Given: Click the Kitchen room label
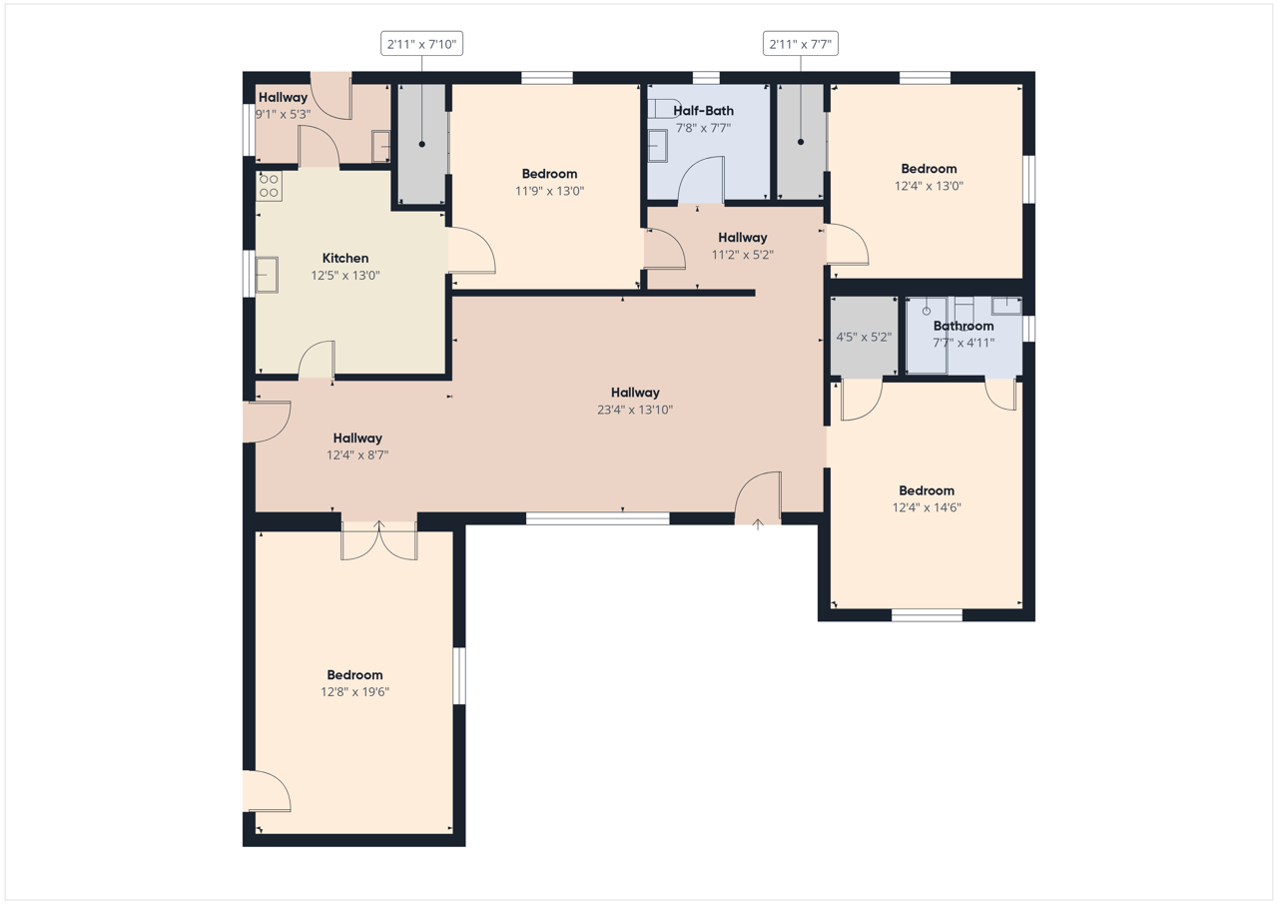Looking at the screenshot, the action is pyautogui.click(x=345, y=258).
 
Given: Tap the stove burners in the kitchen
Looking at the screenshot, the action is pyautogui.click(x=269, y=186).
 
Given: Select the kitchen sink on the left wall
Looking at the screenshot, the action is pyautogui.click(x=267, y=275).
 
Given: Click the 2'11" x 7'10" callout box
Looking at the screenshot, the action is pyautogui.click(x=421, y=44).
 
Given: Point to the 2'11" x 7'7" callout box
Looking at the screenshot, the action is pyautogui.click(x=801, y=44).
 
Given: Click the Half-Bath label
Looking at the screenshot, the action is pyautogui.click(x=704, y=111).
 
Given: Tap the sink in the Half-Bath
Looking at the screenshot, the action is pyautogui.click(x=657, y=146).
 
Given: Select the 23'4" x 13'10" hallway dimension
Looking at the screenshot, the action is pyautogui.click(x=635, y=410).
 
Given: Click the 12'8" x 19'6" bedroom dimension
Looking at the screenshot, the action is pyautogui.click(x=354, y=691).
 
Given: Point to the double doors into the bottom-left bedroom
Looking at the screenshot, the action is pyautogui.click(x=378, y=541).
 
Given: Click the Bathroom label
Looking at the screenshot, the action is pyautogui.click(x=963, y=326).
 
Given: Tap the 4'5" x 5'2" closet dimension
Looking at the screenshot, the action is pyautogui.click(x=864, y=337).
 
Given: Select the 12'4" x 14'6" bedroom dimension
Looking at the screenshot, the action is pyautogui.click(x=927, y=507).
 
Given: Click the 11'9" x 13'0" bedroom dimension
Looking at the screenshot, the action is pyautogui.click(x=549, y=191).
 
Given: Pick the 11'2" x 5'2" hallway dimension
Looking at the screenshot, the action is pyautogui.click(x=742, y=255).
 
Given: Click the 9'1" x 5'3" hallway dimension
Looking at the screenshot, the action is pyautogui.click(x=283, y=114).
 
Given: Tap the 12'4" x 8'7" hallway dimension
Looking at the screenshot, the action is pyautogui.click(x=357, y=454).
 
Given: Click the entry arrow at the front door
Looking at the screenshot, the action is pyautogui.click(x=758, y=524).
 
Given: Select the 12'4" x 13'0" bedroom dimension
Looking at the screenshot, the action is pyautogui.click(x=929, y=186).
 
